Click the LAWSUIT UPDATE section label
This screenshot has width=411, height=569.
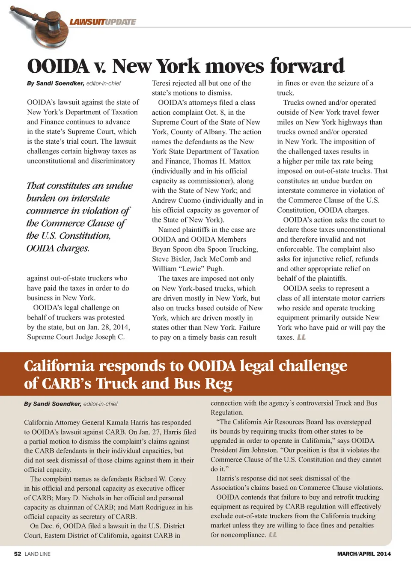point(103,22)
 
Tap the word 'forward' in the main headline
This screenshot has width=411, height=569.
point(307,66)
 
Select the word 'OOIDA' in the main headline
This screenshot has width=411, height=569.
point(58,66)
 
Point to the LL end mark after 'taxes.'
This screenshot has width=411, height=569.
point(301,337)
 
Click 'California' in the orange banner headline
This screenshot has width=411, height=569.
point(59,366)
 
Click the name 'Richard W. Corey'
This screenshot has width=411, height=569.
point(160,479)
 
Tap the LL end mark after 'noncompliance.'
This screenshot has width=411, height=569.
point(273,535)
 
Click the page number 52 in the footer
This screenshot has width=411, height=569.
point(18,554)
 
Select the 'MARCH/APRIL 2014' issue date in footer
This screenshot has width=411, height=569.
point(364,554)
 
